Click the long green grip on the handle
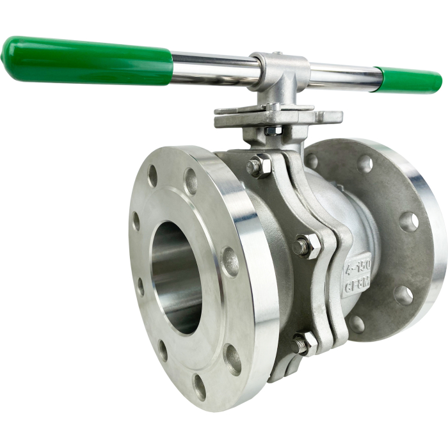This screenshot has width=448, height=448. [x=90, y=61]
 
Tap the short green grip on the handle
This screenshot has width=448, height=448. [x=410, y=80]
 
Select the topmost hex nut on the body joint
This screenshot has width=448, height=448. [x=259, y=166]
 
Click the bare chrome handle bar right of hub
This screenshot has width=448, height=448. [x=342, y=76]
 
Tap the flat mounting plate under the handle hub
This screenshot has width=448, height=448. [x=275, y=117]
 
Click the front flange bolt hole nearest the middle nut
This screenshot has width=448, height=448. [x=230, y=261]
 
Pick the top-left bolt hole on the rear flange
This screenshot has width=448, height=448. [x=312, y=161]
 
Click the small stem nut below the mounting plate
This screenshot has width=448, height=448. [x=273, y=131]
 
